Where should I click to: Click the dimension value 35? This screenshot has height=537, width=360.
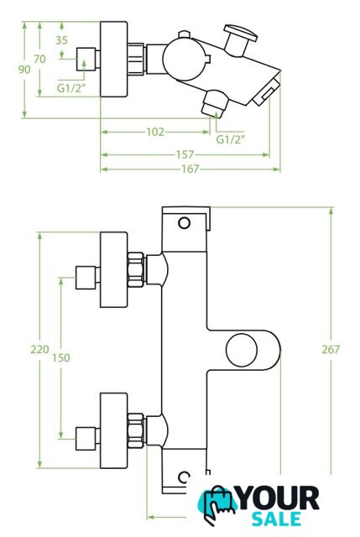pos(61,40)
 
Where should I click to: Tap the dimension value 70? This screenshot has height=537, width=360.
pos(39,60)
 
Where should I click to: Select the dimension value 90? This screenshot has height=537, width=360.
pos(24,70)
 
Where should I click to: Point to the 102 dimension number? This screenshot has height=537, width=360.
pos(155,132)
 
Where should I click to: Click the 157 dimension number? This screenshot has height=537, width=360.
pos(185,154)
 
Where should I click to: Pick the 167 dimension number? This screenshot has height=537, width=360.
pos(190,169)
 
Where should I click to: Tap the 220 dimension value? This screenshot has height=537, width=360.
pos(39,350)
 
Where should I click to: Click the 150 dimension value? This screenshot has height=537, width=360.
pos(61,358)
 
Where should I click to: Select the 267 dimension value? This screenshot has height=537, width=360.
pos(331,350)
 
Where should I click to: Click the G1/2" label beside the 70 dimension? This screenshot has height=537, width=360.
pos(70,88)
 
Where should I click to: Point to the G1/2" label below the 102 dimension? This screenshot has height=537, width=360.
pos(231,139)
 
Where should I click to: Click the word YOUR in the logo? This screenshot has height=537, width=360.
pos(279,498)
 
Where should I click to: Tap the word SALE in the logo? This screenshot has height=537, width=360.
pos(277,519)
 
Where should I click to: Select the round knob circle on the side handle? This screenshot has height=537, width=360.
pos(242,350)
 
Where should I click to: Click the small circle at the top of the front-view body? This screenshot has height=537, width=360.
pos(185,223)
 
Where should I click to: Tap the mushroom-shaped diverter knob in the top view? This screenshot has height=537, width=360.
pos(239,39)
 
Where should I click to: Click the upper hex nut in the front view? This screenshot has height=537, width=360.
pos(136,270)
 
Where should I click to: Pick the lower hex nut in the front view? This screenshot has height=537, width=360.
pos(136,430)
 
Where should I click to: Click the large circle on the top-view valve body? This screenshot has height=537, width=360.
pos(185,59)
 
